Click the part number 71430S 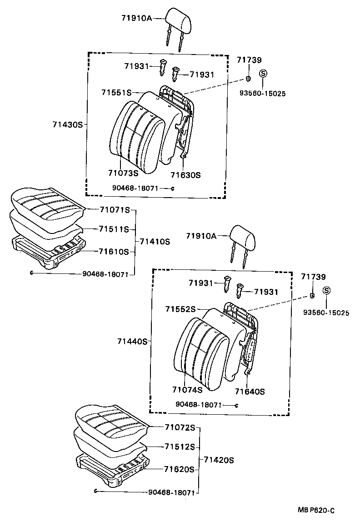click(67, 124)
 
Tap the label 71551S click(116, 92)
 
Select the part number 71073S click(123, 173)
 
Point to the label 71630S click(185, 175)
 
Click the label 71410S click(155, 242)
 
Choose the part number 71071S click(115, 210)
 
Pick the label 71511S click(114, 229)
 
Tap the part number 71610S click(114, 252)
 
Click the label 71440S click(132, 342)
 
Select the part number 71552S click(180, 309)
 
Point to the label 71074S click(187, 389)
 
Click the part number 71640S click(250, 392)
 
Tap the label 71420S click(219, 460)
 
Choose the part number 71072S click(180, 427)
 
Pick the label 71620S click(180, 469)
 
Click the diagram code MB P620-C click(316, 511)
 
